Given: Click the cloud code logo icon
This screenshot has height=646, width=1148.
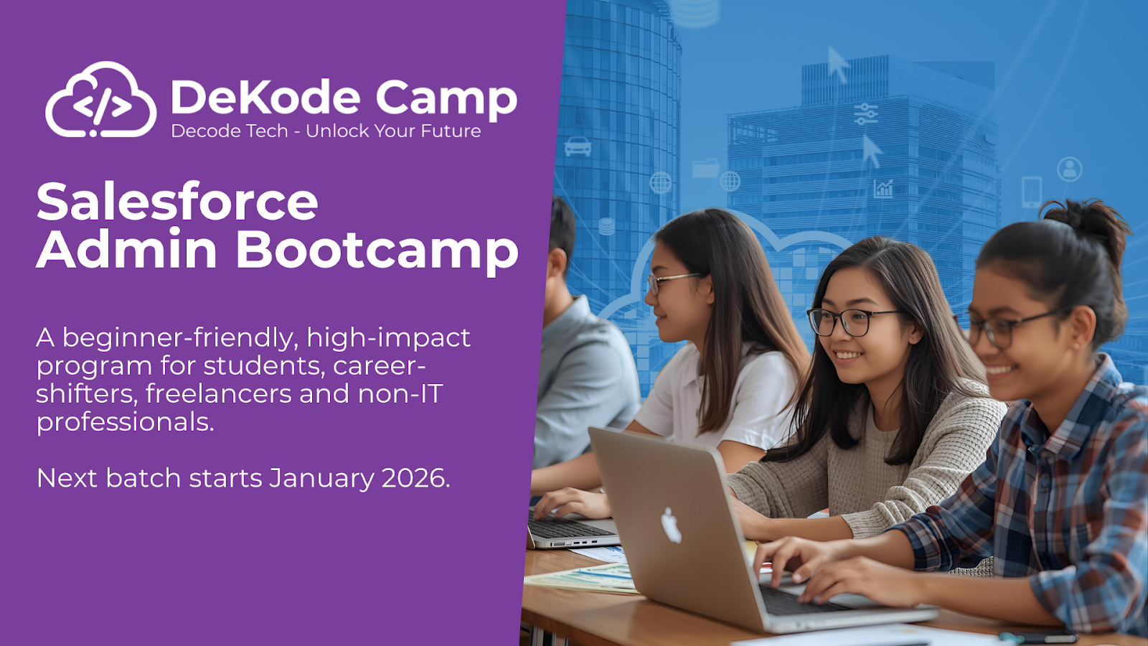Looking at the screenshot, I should click(100, 100).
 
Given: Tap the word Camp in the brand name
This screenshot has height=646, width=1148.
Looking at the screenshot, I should click(446, 99).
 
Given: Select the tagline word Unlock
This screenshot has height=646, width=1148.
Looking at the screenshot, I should click(337, 131).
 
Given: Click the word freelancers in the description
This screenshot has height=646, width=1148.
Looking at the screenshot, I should click(218, 394).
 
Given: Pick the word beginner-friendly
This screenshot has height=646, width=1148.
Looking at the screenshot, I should click(179, 338).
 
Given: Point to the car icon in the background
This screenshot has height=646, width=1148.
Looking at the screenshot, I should click(578, 146).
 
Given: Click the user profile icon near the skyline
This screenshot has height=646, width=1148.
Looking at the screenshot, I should click(1069, 169).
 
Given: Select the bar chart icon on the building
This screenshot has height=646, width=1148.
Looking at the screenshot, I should click(883, 189).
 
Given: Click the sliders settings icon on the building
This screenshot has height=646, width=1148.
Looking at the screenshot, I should click(866, 113).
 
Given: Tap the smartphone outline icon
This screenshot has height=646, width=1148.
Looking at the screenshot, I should click(1032, 192).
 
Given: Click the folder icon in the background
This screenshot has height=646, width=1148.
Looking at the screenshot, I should click(705, 169).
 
